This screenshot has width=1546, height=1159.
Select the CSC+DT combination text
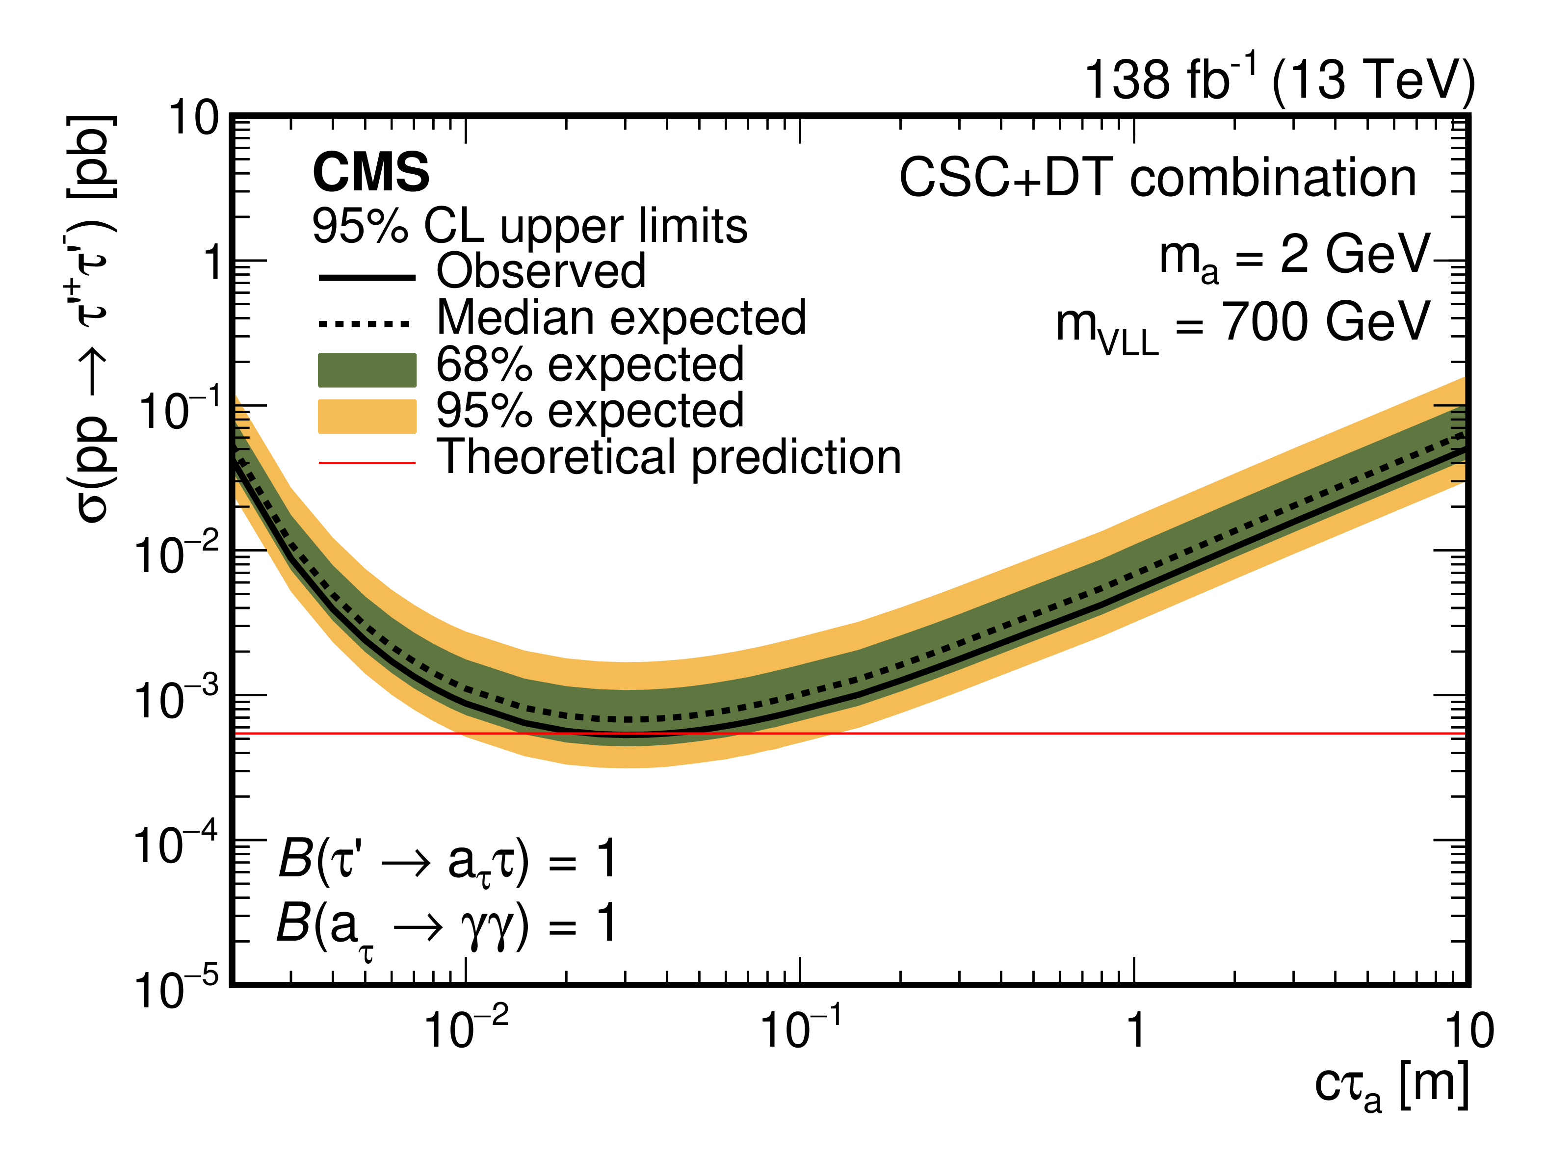1157,178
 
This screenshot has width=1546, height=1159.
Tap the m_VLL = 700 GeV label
1243,325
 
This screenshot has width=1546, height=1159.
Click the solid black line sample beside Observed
367,278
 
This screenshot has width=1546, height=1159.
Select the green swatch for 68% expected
367,370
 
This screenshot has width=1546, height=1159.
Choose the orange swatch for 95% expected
367,416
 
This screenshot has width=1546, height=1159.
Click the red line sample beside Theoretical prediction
367,462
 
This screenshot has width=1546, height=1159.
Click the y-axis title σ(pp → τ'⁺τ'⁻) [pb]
91,318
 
